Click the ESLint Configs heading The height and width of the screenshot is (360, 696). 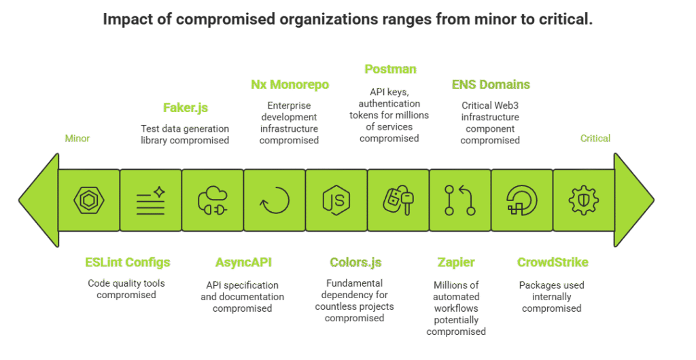[128, 263]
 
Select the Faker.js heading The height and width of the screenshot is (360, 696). [185, 107]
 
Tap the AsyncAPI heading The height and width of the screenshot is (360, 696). [243, 263]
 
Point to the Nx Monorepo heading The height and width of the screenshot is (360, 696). [290, 85]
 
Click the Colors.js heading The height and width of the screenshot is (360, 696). [355, 263]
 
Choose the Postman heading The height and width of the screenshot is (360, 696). [390, 69]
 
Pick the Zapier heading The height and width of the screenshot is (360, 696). [456, 263]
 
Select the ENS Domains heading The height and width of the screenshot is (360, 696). [491, 85]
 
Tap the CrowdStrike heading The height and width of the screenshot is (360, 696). [553, 263]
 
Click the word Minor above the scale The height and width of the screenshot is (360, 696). [77, 139]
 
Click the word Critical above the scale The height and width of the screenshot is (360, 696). [595, 139]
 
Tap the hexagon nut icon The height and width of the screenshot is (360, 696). [89, 200]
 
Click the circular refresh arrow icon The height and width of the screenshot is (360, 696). [275, 200]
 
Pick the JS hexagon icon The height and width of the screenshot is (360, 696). [336, 200]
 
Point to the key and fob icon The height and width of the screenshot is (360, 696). [398, 200]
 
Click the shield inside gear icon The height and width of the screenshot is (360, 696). [583, 200]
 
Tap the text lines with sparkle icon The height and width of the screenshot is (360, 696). [151, 200]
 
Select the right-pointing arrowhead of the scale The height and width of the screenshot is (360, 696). [633, 200]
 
